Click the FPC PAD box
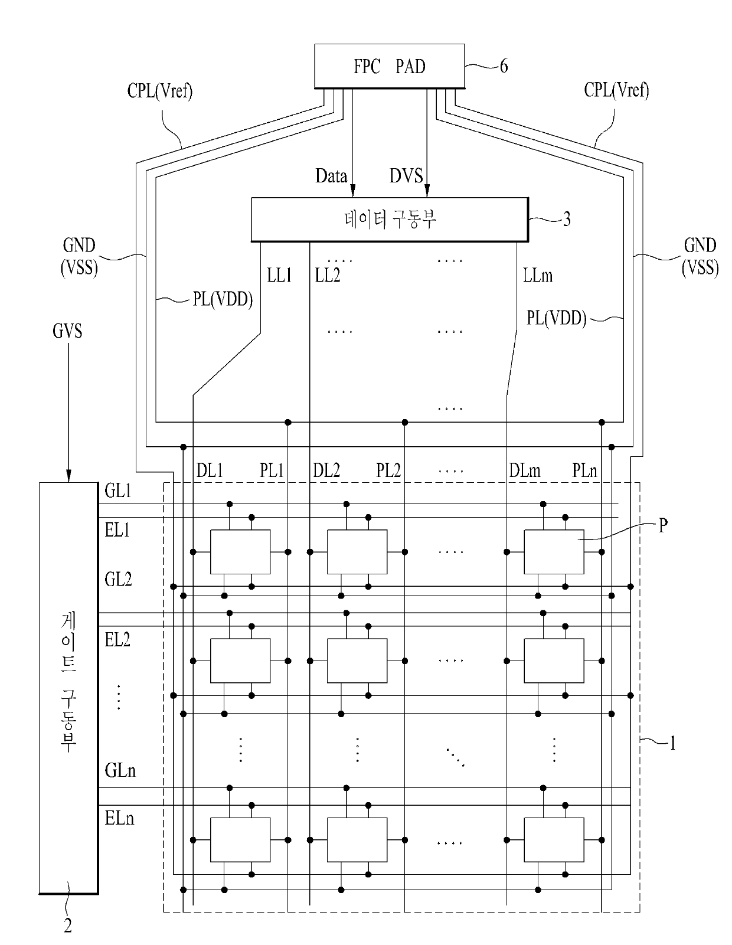(x=389, y=66)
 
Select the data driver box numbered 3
(x=390, y=219)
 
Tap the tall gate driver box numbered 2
(x=68, y=688)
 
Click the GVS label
(x=67, y=331)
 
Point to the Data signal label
(x=331, y=176)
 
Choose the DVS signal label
(x=406, y=176)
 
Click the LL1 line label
(x=279, y=275)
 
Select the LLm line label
(x=538, y=275)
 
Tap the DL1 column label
(x=209, y=470)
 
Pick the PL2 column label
(x=388, y=470)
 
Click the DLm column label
(x=525, y=470)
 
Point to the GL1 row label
(x=117, y=491)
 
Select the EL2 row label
(x=117, y=639)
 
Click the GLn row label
(x=120, y=771)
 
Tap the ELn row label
(x=119, y=819)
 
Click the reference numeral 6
(x=504, y=66)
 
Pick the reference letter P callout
(x=663, y=525)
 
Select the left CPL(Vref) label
(x=159, y=91)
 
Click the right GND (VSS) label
(x=700, y=257)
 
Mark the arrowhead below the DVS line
(x=427, y=191)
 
